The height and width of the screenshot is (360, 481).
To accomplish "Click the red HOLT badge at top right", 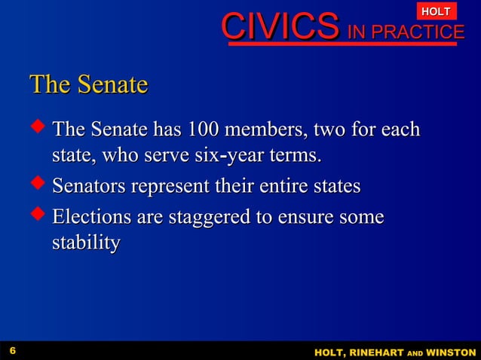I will click(437, 11).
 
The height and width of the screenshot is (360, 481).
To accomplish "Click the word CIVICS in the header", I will click(279, 29).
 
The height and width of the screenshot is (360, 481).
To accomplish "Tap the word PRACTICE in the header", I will click(426, 32).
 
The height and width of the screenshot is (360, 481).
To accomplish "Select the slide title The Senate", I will click(88, 84).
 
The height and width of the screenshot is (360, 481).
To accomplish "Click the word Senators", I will click(89, 186).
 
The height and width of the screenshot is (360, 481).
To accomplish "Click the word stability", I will click(85, 244).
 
